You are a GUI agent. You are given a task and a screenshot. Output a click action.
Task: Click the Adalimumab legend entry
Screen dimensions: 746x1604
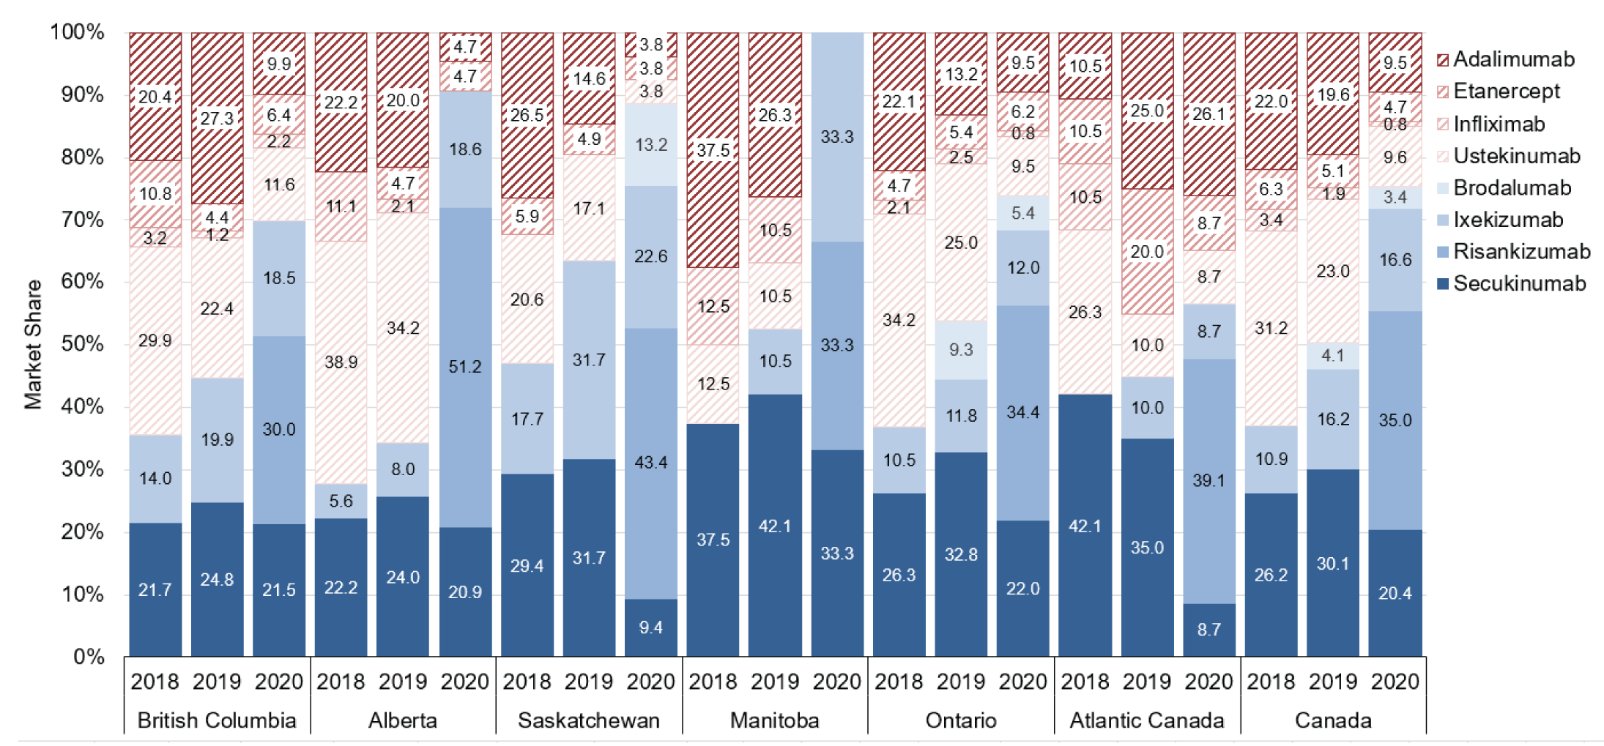coord(1513,59)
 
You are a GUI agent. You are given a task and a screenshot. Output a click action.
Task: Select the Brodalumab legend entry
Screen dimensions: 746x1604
coord(1512,187)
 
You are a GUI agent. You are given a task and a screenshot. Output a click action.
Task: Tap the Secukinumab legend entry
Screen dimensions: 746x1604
coord(1519,283)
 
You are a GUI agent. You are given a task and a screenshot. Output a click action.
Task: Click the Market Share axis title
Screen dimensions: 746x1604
coord(33,344)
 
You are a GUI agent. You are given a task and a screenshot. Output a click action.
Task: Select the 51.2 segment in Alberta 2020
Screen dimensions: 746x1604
coord(465,367)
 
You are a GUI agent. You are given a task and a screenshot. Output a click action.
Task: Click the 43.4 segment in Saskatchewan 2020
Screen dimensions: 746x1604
coord(651,463)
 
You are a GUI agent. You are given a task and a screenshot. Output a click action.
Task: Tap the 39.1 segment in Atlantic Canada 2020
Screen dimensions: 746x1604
coord(1209,481)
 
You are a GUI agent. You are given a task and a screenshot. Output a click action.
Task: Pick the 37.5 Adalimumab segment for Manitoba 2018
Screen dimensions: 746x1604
coord(713,150)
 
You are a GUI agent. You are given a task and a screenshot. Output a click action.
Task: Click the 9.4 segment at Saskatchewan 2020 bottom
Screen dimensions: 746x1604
coord(651,627)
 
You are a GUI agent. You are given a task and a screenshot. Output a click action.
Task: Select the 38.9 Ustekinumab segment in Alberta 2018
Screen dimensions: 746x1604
coord(341,362)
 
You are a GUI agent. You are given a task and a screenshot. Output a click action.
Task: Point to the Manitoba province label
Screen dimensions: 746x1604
coord(775,720)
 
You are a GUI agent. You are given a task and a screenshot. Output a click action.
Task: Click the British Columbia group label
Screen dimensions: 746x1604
coord(217,720)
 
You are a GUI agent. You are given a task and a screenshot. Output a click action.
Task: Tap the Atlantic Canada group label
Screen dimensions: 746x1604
coord(1147,720)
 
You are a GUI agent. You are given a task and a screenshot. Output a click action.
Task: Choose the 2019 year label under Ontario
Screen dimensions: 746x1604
coord(961,682)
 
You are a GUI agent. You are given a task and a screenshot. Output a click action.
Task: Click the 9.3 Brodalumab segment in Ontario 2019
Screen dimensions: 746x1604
coord(961,350)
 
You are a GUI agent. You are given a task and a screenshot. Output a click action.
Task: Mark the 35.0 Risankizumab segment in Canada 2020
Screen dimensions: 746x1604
coord(1395,420)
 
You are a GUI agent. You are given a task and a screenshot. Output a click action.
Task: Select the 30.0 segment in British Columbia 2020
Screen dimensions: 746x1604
coord(279,430)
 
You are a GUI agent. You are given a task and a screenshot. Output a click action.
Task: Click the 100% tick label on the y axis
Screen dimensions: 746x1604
coord(77,32)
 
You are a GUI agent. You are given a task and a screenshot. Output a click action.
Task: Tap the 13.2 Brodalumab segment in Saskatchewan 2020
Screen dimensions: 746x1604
coord(651,145)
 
